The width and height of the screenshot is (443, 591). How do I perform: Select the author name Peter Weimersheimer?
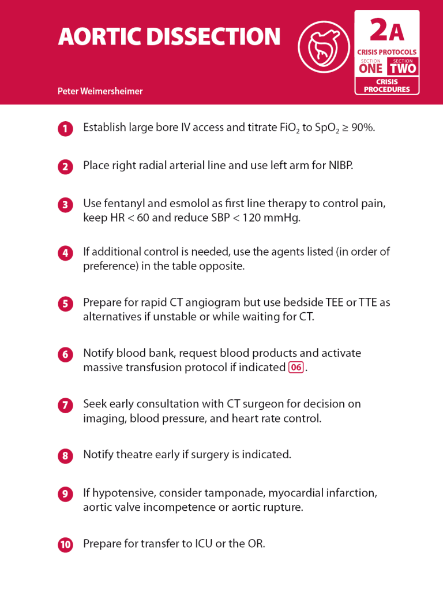tap(100, 91)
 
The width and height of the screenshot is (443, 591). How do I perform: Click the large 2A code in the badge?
tap(386, 30)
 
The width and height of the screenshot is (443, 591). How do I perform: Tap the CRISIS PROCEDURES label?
tap(386, 85)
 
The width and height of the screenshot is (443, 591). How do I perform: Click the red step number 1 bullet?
tap(65, 129)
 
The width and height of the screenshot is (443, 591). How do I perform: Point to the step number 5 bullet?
tap(65, 304)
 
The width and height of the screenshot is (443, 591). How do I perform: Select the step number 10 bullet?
tap(65, 545)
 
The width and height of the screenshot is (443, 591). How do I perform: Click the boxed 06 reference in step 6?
tap(296, 368)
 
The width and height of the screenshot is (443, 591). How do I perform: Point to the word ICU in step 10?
tap(201, 544)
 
